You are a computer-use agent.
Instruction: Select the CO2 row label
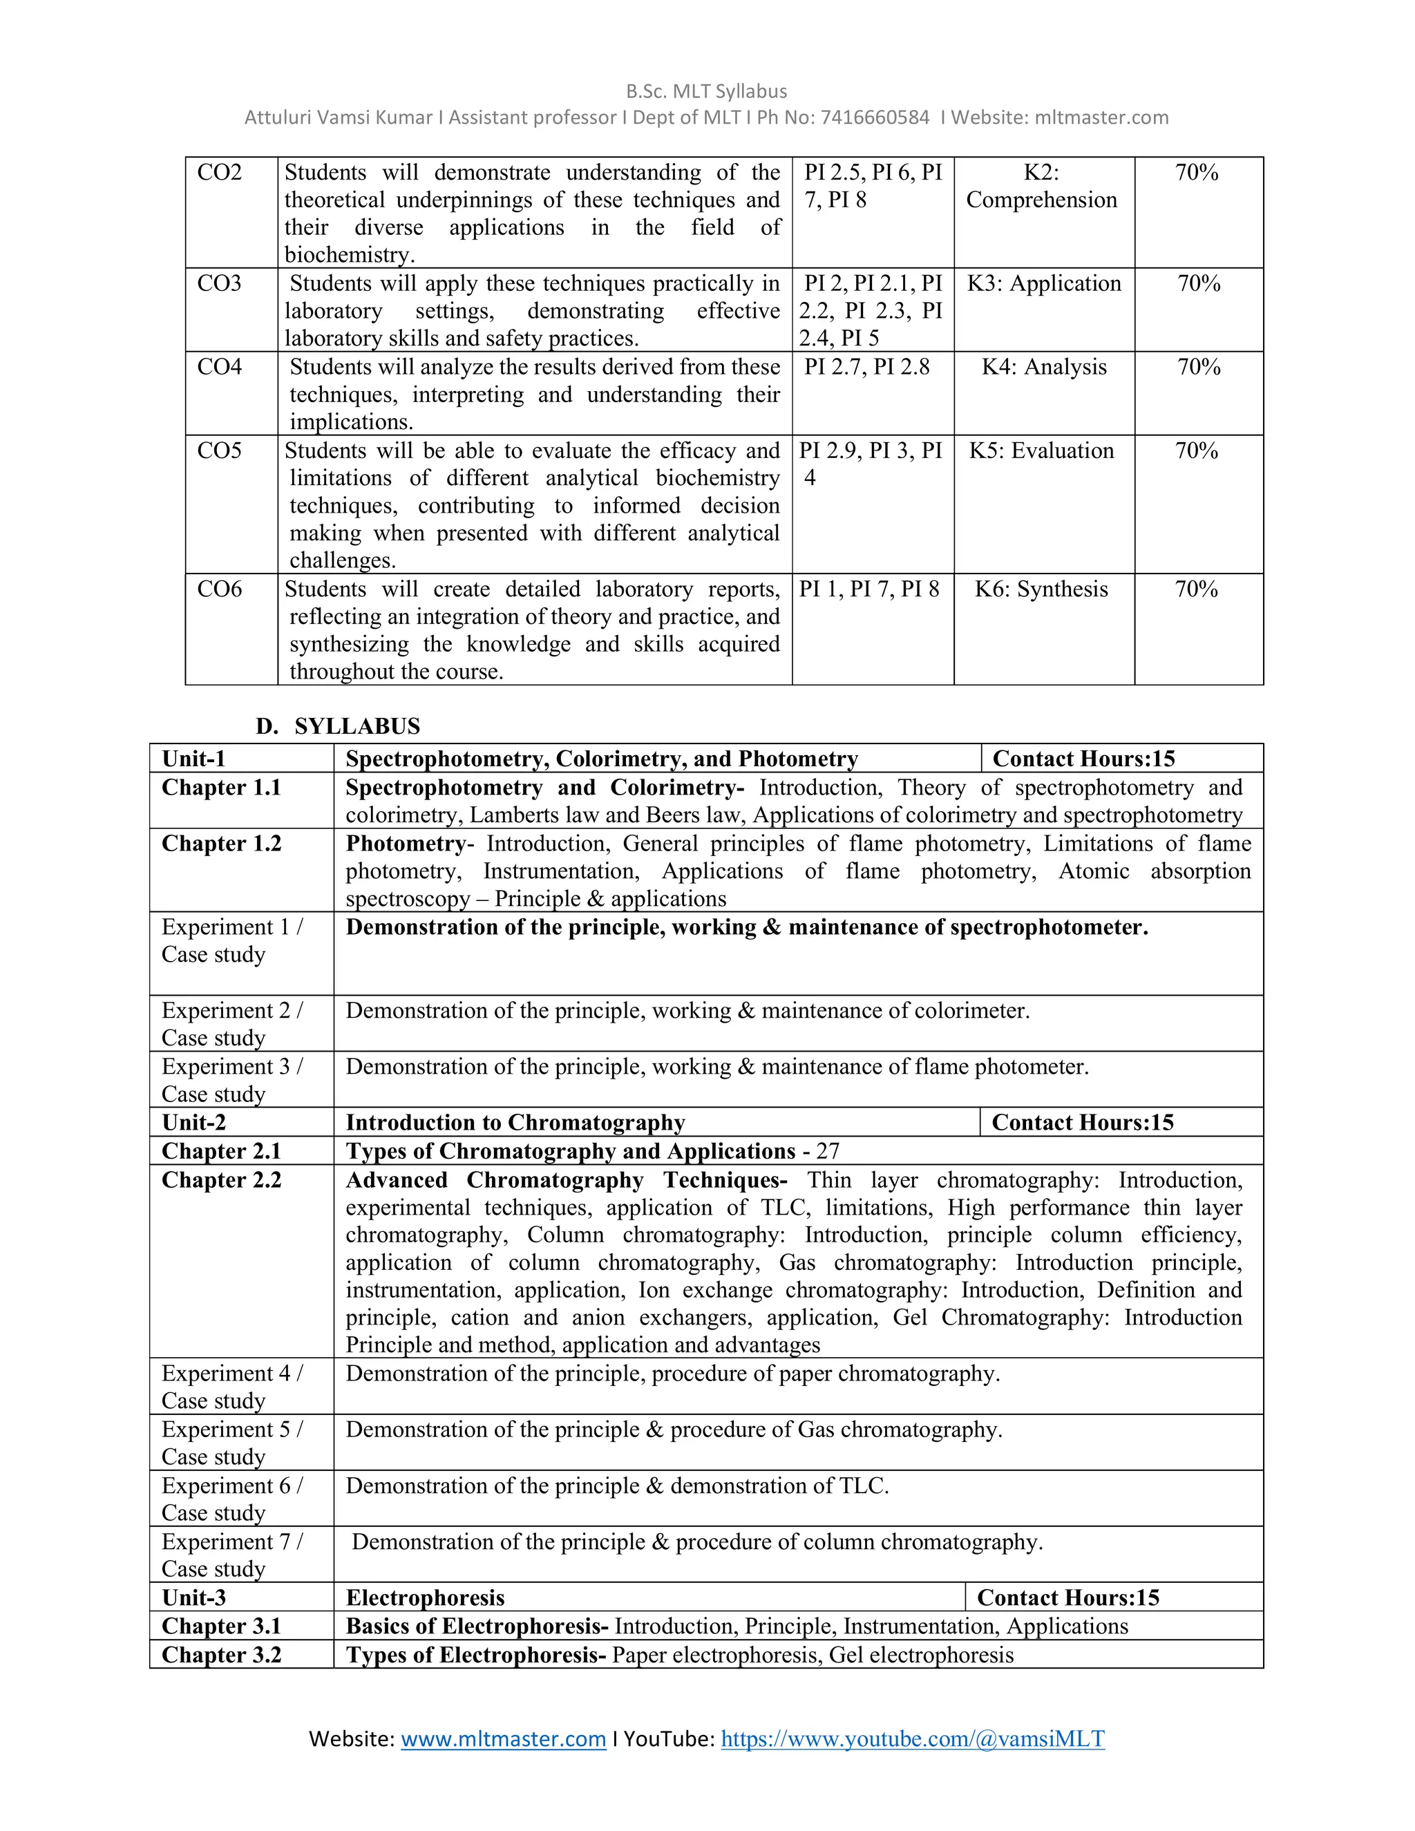click(x=220, y=173)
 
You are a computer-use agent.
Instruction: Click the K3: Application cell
click(x=1044, y=283)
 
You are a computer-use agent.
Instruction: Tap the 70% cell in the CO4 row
click(x=1199, y=367)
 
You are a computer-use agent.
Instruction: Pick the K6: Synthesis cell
click(x=1041, y=589)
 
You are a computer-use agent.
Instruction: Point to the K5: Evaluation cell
click(x=1042, y=451)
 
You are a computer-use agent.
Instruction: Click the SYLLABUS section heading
click(x=357, y=726)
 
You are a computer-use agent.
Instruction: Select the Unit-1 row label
click(x=193, y=759)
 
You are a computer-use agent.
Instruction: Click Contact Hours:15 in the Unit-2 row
click(x=1082, y=1123)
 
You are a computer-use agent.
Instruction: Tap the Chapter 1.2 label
click(x=221, y=844)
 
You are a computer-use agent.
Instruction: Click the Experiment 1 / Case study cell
click(x=231, y=940)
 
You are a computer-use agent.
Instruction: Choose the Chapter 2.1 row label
click(x=221, y=1151)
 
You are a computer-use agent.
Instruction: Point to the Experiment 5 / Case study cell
click(x=231, y=1443)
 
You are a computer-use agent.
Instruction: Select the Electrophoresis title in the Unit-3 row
click(x=425, y=1598)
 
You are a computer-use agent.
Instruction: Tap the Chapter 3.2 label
click(x=221, y=1655)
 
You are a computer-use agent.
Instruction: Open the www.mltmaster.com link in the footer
click(x=503, y=1739)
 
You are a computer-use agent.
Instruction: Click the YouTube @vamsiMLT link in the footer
click(x=912, y=1739)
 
